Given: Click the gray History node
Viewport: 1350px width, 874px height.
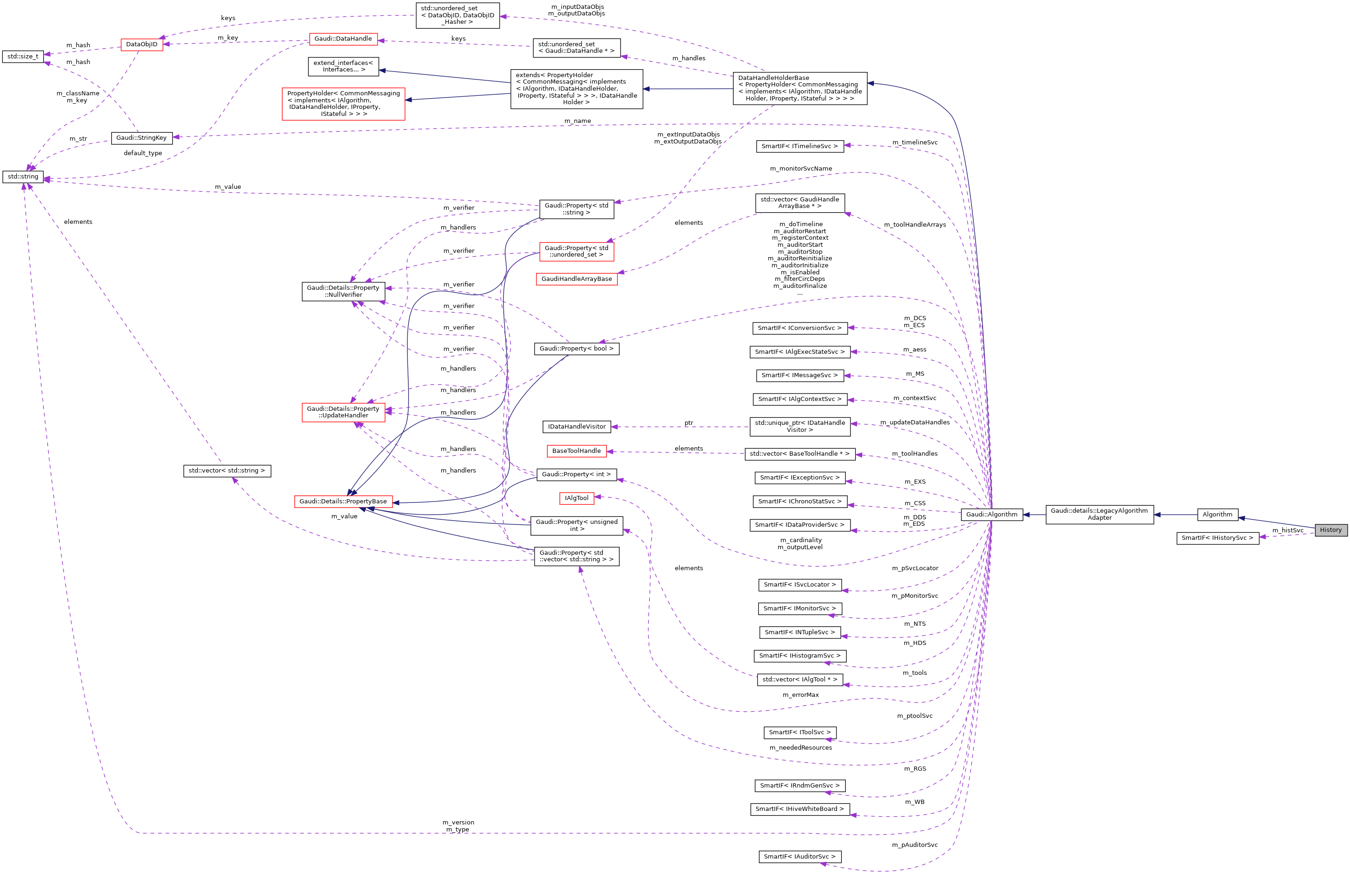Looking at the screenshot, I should (1330, 530).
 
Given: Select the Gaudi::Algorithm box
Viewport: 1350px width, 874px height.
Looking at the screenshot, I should (992, 515).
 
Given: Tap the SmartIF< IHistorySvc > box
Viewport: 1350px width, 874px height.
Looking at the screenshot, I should (1217, 537).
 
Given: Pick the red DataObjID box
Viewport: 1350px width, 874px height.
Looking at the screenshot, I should (142, 44).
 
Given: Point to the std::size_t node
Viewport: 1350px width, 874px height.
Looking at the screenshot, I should (23, 56).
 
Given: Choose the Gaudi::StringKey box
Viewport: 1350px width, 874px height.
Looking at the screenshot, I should (141, 138).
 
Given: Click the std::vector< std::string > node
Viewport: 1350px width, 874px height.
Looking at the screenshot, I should (227, 471).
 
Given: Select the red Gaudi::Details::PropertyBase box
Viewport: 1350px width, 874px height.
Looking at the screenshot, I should (343, 501).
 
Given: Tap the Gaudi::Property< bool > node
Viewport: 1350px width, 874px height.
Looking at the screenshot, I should (576, 348).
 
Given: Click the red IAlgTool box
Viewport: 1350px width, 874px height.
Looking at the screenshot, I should (576, 498).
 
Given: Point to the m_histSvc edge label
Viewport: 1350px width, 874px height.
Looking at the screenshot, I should (1287, 530).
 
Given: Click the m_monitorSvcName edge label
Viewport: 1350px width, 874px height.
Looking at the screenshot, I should (800, 168).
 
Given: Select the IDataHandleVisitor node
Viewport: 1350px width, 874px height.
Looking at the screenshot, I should (576, 427).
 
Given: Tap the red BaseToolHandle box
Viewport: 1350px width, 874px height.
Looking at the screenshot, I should (576, 451).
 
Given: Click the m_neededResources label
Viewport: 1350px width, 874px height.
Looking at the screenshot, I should (800, 747).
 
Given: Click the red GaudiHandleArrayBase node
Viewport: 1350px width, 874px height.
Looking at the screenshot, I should (576, 279).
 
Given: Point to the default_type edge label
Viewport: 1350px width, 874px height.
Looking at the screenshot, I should (143, 153).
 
